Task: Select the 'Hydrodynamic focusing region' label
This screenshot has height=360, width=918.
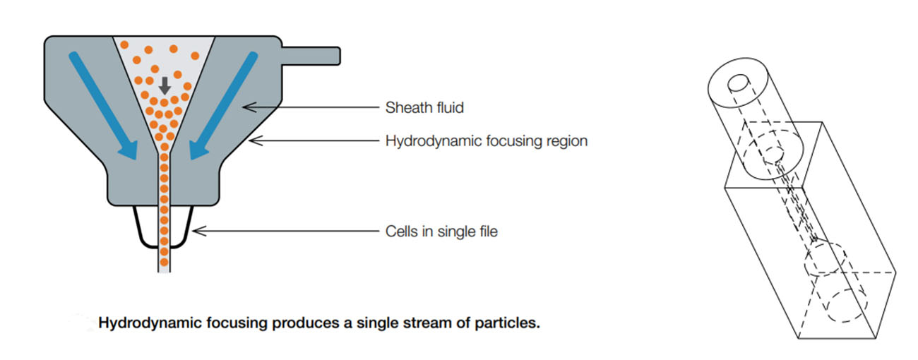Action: coord(487,141)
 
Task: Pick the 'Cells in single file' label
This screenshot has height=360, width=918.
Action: coord(441,231)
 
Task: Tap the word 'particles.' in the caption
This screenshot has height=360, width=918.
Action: coord(513,323)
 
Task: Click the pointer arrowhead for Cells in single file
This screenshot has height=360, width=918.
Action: coord(198,230)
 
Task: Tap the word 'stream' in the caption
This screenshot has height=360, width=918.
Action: coord(431,323)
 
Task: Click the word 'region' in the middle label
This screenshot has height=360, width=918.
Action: coord(566,141)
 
